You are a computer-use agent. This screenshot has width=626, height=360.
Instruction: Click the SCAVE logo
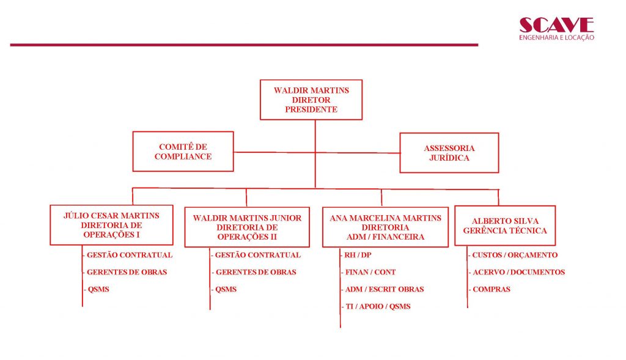556,29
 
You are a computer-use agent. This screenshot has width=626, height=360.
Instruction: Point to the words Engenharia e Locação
556,37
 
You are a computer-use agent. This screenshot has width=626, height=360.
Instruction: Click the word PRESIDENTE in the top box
311,109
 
